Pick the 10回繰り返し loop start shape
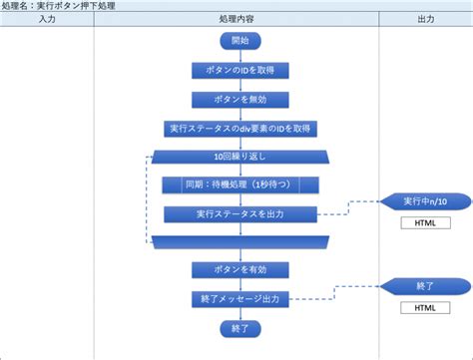tap(239, 158)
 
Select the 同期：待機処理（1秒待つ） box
tap(240, 185)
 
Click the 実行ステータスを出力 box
tap(240, 213)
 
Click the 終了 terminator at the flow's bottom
tap(238, 327)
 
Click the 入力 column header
tap(47, 20)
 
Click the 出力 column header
tap(425, 20)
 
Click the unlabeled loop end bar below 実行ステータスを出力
tap(239, 242)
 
